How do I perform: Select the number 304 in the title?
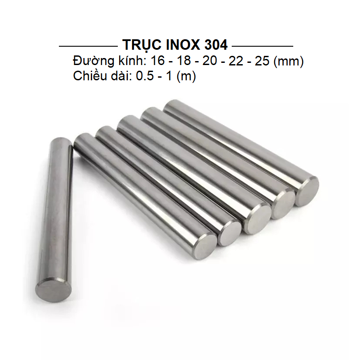[x=215, y=45]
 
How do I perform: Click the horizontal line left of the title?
[x=87, y=46]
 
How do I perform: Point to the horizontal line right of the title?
[x=262, y=46]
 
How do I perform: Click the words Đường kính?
[x=105, y=61]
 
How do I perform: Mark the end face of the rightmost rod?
[x=306, y=191]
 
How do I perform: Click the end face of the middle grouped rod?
[x=256, y=219]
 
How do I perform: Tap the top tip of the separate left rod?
[x=62, y=140]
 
